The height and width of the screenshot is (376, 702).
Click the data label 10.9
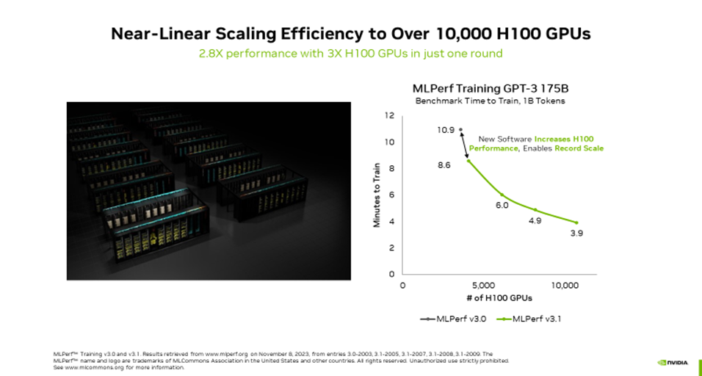446,130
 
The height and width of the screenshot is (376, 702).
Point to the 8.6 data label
444,165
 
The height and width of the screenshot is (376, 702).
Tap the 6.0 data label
502,206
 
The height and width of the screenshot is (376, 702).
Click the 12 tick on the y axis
390,116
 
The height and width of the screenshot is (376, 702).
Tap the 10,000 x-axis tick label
565,285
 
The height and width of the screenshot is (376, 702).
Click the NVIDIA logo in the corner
674,361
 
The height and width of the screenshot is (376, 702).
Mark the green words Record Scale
581,149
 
